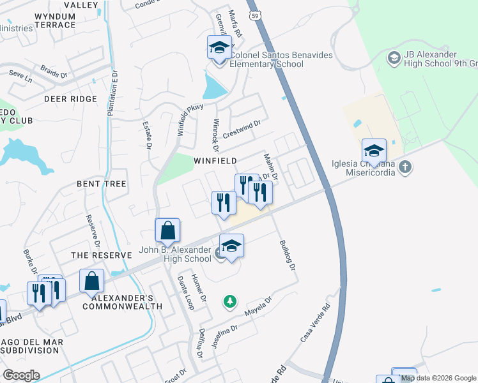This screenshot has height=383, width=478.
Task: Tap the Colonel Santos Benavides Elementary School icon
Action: pyautogui.click(x=219, y=47)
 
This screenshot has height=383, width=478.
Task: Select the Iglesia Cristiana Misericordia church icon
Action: pyautogui.click(x=404, y=168)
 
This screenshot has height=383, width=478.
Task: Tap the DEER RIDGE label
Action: pyautogui.click(x=70, y=100)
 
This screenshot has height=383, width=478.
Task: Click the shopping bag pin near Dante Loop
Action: pyautogui.click(x=167, y=230)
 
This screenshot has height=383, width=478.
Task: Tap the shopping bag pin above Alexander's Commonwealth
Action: pyautogui.click(x=92, y=281)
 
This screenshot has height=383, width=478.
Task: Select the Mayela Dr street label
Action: pyautogui.click(x=259, y=306)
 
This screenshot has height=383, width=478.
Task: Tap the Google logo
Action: pyautogui.click(x=20, y=375)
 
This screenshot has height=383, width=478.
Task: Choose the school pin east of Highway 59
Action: pyautogui.click(x=374, y=151)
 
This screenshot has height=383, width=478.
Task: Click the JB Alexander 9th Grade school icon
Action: pyautogui.click(x=394, y=59)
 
